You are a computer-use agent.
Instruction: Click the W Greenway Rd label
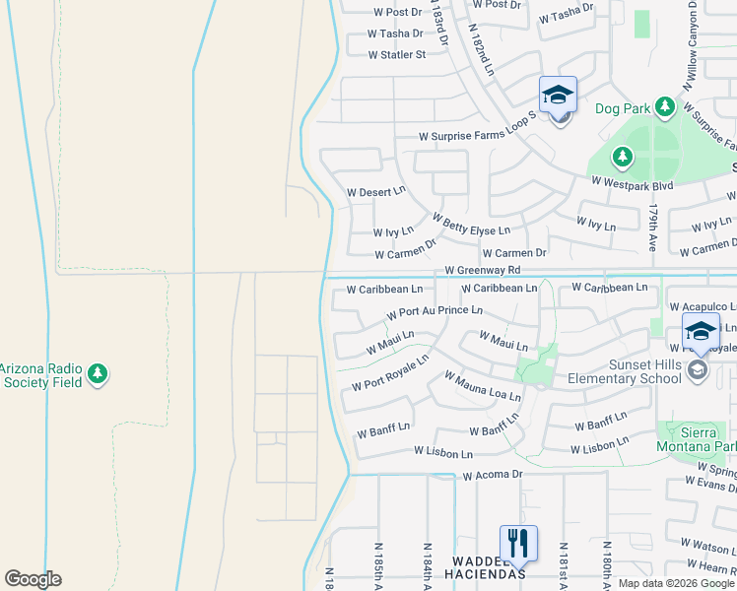pos(482,270)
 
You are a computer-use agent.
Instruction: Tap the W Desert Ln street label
pos(376,191)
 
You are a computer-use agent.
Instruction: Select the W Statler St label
pos(397,54)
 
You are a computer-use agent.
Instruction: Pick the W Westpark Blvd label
pos(632,184)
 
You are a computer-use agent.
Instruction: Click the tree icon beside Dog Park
pos(665,105)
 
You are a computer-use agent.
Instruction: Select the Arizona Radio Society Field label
pos(38,374)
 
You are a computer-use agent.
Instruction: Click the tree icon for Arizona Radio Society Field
pos(97,373)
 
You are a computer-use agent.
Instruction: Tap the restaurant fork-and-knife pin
pos(517,542)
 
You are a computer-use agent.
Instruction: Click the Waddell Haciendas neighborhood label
pos(484,566)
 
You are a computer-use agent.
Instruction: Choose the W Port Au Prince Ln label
pos(435,311)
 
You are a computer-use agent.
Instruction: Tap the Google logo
pos(33,579)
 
